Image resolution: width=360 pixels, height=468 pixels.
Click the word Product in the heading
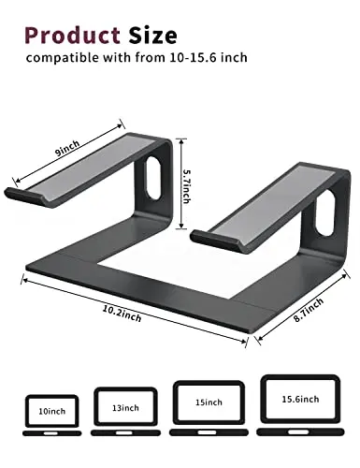click(72, 35)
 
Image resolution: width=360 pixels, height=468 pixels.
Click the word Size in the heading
click(152, 35)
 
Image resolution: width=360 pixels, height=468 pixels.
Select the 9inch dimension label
click(67, 148)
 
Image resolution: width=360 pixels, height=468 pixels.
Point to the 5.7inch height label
click(187, 186)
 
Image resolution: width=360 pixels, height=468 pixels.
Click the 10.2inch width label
click(122, 314)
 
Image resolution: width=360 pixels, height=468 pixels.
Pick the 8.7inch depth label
click(309, 310)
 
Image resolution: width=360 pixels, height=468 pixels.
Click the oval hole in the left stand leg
click(153, 177)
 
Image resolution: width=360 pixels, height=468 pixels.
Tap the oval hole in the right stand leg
click(325, 212)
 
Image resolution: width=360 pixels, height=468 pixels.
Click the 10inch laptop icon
click(52, 416)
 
